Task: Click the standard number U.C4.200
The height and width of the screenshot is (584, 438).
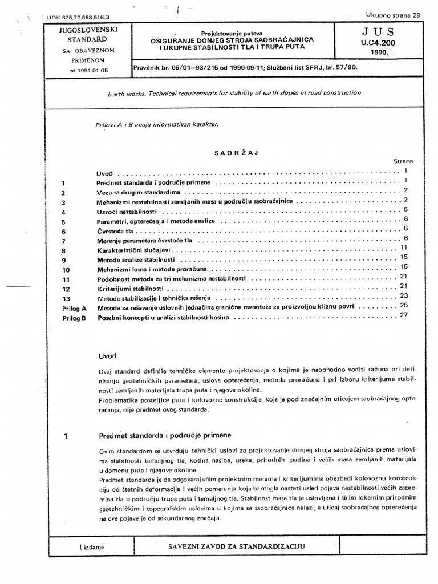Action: (x=376, y=43)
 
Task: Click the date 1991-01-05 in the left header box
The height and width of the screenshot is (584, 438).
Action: (x=84, y=71)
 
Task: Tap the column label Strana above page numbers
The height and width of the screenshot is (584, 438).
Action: (x=403, y=161)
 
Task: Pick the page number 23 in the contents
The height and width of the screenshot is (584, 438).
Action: (x=405, y=295)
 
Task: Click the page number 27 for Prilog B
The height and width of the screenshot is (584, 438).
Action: (x=405, y=315)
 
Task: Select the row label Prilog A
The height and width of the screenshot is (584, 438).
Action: (x=74, y=308)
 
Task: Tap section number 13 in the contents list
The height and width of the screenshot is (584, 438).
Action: (x=66, y=298)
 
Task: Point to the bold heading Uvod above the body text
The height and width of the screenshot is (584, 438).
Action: (x=107, y=356)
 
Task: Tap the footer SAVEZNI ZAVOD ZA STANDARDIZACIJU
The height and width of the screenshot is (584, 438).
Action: (x=236, y=546)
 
